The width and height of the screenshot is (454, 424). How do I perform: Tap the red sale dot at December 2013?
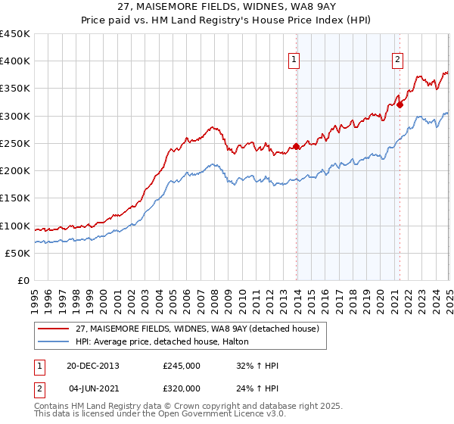coord(296,147)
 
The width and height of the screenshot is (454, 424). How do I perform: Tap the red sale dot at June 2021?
coord(400,105)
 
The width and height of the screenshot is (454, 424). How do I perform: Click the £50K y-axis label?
coord(18,253)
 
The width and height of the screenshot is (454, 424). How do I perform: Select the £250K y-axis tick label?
coord(15,143)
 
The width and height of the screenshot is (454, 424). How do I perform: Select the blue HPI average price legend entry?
coord(167,341)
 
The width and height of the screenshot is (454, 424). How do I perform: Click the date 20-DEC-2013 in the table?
coord(93,366)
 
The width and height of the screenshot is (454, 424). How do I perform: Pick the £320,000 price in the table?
coord(182,388)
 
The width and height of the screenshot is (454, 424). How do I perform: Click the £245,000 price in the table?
coord(182,366)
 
